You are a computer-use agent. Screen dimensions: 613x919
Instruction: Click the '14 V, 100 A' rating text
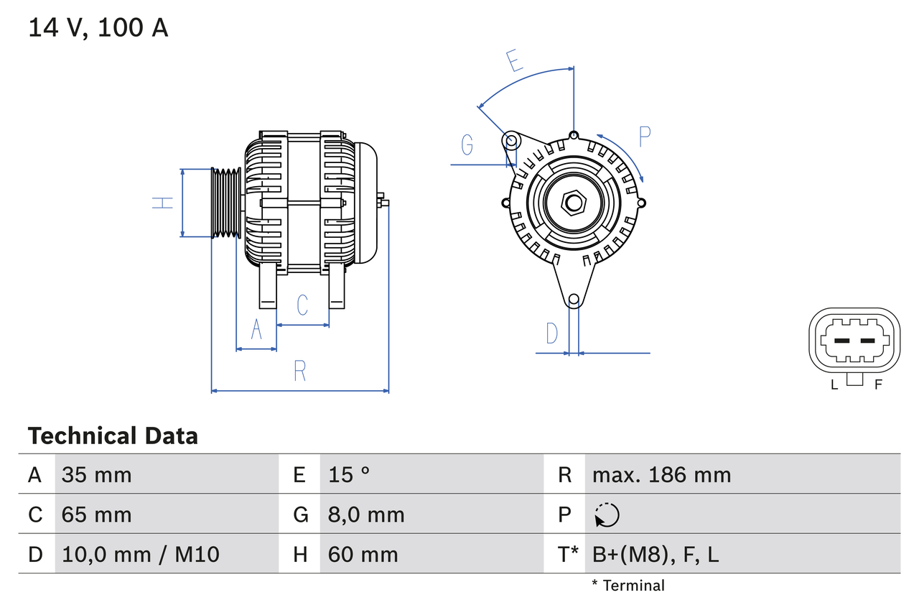pos(98,28)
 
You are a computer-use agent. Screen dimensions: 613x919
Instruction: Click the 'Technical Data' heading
pos(113,435)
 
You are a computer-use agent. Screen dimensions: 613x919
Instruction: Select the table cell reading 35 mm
pos(97,474)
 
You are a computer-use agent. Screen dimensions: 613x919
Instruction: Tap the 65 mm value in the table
pos(97,515)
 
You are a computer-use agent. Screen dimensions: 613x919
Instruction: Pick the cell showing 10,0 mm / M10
pos(141,554)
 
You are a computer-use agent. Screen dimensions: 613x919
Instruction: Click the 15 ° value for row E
pos(349,474)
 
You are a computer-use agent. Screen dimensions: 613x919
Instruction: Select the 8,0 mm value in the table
pos(366,515)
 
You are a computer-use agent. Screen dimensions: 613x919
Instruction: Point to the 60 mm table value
pos(363,554)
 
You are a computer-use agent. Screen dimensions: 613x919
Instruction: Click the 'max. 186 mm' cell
pos(661,474)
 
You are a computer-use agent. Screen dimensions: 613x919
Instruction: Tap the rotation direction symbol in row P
pos(607,515)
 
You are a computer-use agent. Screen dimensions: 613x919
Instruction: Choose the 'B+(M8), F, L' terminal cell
pos(655,554)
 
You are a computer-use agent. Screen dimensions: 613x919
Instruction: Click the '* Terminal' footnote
pos(628,585)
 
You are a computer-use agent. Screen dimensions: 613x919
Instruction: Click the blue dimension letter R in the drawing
pos(300,371)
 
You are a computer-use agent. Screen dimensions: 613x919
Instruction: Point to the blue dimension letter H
pos(164,203)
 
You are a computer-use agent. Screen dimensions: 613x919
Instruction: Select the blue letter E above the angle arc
pos(514,61)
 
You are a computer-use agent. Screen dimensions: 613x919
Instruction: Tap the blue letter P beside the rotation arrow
pos(644,137)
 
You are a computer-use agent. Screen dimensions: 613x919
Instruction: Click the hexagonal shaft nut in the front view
pos(572,203)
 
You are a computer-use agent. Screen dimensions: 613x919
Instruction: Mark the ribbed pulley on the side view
pos(226,203)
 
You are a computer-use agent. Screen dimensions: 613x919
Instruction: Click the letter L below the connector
pos(834,384)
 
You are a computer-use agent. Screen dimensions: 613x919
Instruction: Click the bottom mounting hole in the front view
pos(573,300)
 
